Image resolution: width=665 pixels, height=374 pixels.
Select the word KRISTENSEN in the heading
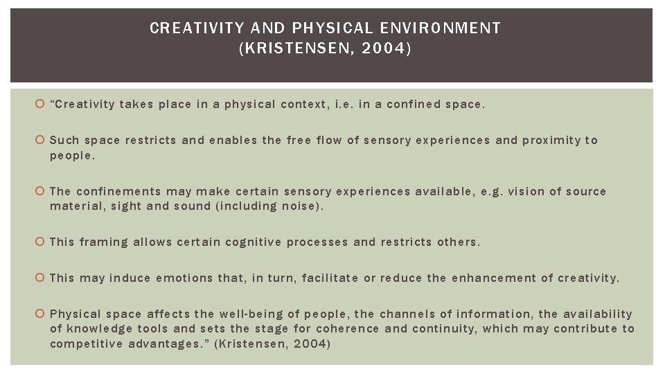(x=295, y=50)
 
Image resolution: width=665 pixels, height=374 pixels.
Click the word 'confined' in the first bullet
(x=414, y=105)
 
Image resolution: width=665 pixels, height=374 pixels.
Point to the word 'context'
(x=305, y=105)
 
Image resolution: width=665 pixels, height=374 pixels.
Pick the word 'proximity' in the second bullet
(x=551, y=141)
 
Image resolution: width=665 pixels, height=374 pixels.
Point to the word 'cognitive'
(x=253, y=242)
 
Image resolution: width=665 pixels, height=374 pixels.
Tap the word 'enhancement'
(x=493, y=278)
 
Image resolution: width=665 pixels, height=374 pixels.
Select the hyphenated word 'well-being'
(x=248, y=314)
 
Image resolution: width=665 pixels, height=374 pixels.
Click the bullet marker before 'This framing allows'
(x=41, y=242)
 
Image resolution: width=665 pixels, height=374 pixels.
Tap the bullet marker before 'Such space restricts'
(x=41, y=141)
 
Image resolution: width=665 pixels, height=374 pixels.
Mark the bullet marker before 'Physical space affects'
(x=41, y=314)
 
